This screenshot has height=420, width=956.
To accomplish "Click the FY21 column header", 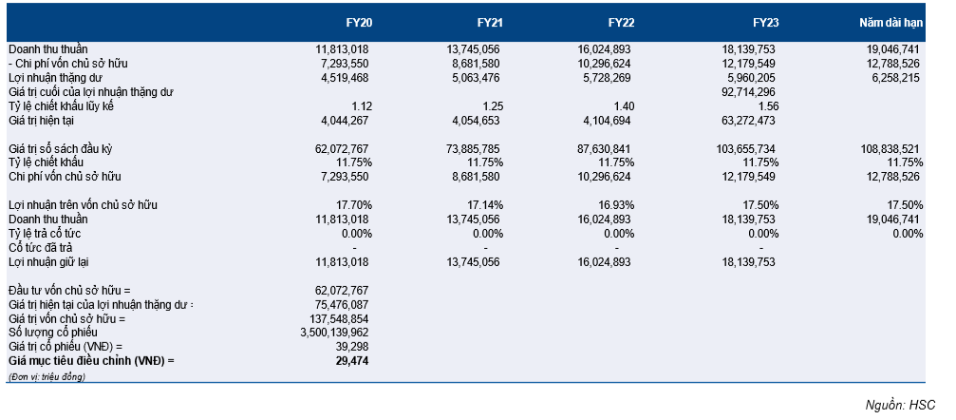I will tap(488, 22).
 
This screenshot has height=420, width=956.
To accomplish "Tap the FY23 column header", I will tap(765, 22).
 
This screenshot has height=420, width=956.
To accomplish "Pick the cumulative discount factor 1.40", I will tap(623, 105).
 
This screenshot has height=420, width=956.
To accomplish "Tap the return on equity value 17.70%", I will tap(351, 205).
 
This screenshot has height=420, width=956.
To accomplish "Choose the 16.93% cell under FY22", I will tap(614, 205).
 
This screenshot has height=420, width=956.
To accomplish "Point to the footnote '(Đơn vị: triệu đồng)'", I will tap(47, 376).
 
